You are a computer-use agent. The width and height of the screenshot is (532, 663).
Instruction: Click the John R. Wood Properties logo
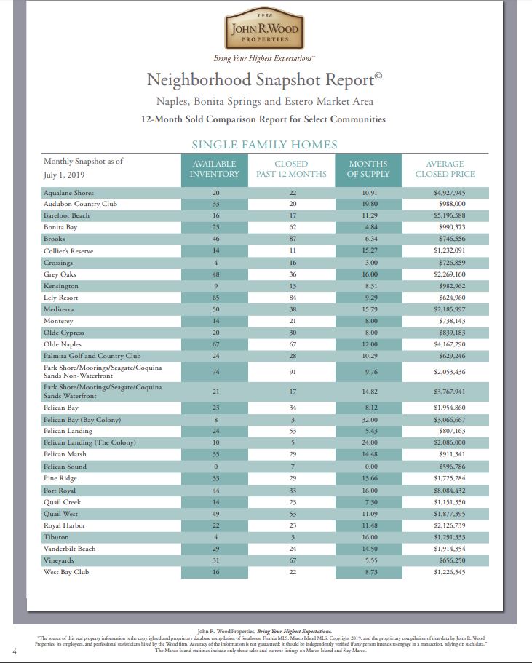(x=265, y=30)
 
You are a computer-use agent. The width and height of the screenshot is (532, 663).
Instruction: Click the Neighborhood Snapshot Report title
(x=265, y=79)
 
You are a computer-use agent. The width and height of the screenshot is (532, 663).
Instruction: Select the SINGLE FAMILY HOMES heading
(x=264, y=145)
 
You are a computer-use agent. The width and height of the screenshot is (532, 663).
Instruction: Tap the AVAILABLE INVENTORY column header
(x=214, y=169)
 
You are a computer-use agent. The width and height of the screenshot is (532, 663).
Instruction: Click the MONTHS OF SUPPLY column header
(x=368, y=169)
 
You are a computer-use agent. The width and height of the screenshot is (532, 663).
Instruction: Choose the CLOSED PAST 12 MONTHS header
(x=291, y=169)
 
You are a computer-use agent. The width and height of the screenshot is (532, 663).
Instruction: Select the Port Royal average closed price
(x=449, y=490)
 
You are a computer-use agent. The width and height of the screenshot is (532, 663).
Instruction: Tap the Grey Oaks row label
(x=60, y=274)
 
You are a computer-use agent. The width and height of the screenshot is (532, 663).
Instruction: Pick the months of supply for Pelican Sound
(x=369, y=467)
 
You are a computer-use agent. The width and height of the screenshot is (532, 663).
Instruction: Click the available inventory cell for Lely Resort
(x=215, y=298)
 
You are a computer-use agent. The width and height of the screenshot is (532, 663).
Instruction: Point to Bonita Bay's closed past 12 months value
(x=291, y=227)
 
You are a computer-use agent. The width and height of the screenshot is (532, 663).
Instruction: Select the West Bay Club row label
(x=66, y=573)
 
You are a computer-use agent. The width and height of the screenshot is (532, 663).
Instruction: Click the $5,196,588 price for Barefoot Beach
(x=449, y=215)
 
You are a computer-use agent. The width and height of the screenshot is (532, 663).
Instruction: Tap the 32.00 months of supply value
(x=369, y=420)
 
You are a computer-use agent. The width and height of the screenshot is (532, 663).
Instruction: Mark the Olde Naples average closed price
(x=449, y=344)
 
